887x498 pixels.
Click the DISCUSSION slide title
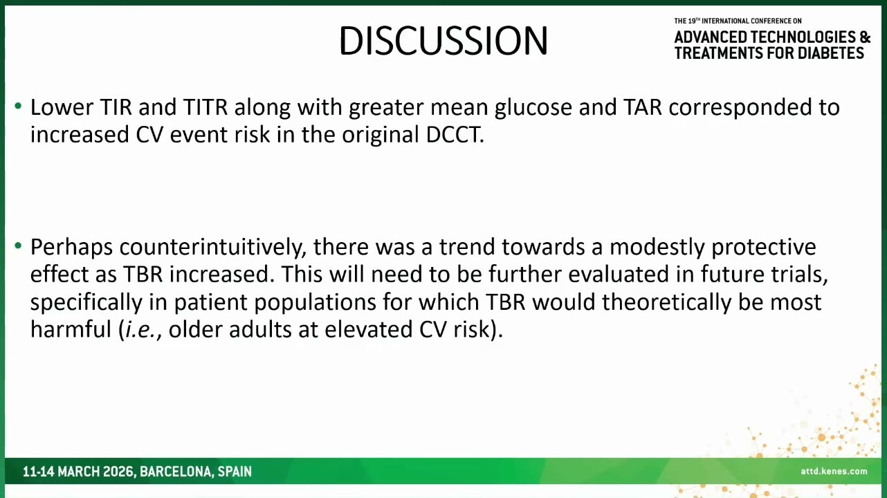point(443,41)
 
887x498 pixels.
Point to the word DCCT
point(455,135)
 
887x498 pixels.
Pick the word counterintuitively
point(213,248)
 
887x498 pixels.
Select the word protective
point(763,248)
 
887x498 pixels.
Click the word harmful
point(71,329)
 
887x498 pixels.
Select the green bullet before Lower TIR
point(18,106)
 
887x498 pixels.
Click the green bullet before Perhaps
point(18,246)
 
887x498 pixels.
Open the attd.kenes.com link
point(834,471)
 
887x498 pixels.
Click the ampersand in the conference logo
point(865,37)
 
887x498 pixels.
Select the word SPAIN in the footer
point(235,472)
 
